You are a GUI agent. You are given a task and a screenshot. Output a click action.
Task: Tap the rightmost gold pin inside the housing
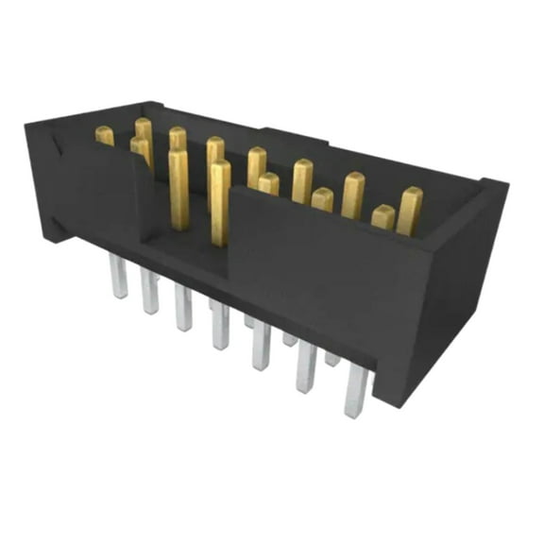tap(409, 211)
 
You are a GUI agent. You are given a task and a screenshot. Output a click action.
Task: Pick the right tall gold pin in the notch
tap(220, 200)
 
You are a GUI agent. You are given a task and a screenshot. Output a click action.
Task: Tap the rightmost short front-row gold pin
tap(382, 216)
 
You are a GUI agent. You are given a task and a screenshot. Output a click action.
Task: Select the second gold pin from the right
tap(353, 195)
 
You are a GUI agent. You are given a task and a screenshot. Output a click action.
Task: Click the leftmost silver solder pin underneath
tap(119, 280)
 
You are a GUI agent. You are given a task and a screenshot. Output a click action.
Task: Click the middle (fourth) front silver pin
tap(220, 325)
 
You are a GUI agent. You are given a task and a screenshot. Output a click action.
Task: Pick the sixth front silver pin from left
tap(306, 367)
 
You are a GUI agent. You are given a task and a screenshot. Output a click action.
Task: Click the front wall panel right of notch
tap(312, 274)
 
